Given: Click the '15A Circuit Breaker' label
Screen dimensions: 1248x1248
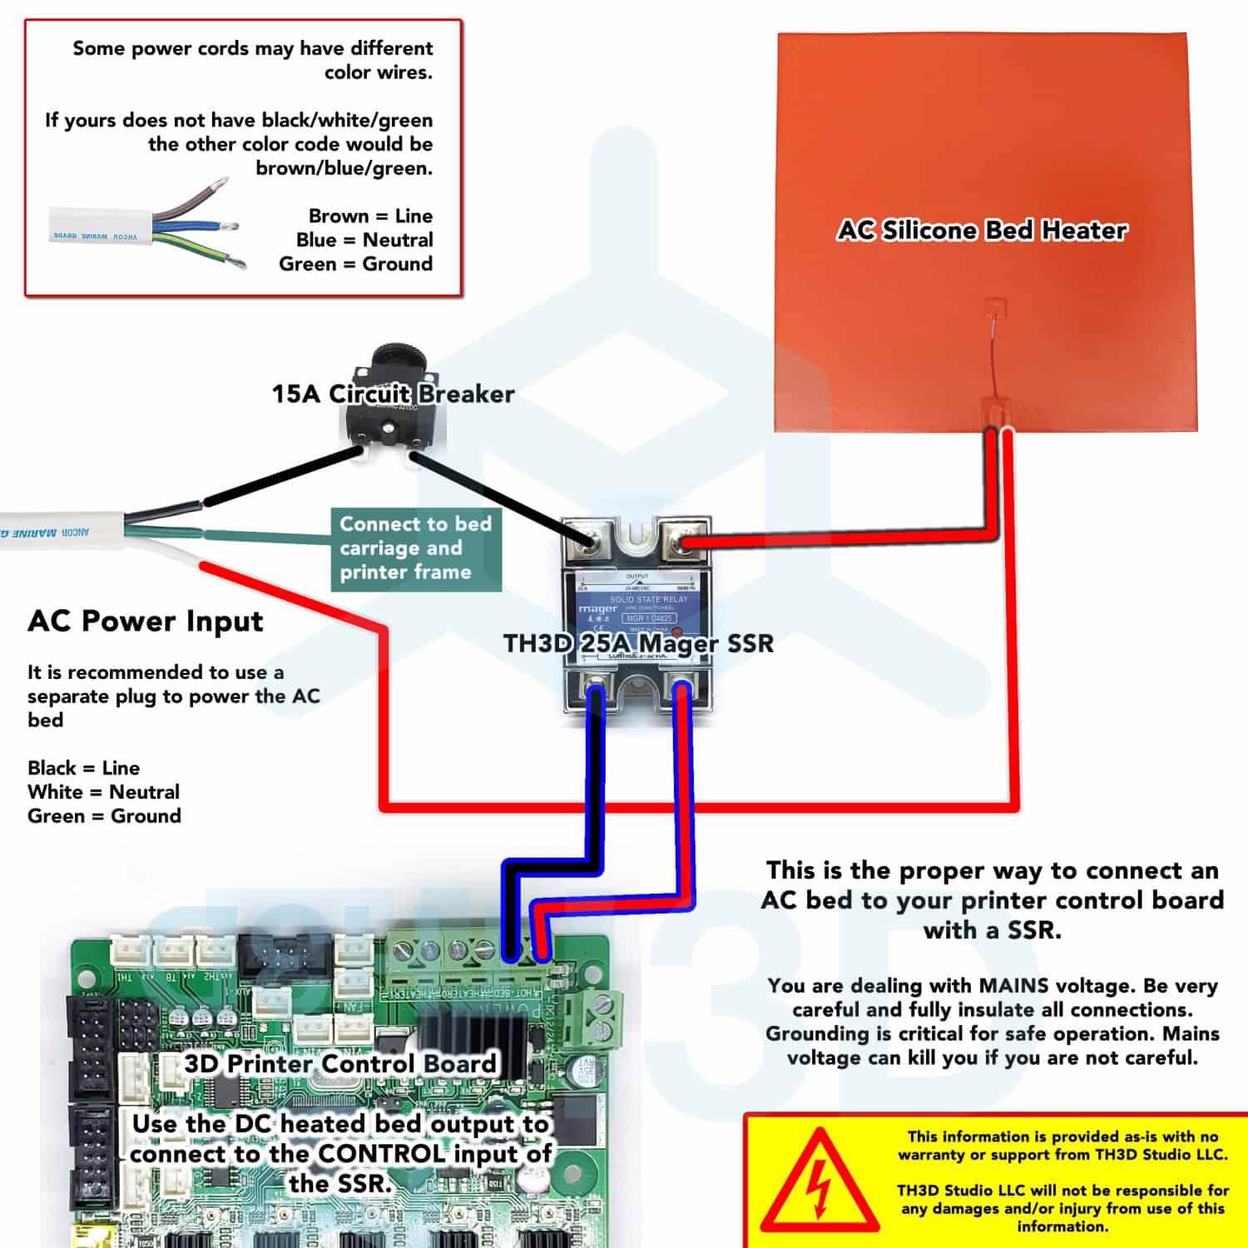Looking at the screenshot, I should pyautogui.click(x=393, y=394).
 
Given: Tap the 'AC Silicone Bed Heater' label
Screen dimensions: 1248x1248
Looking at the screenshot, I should pyautogui.click(x=982, y=230).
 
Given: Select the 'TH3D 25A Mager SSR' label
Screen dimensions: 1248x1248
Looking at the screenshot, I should pyautogui.click(x=638, y=643).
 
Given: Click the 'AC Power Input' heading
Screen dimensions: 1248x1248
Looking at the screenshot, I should pyautogui.click(x=146, y=622).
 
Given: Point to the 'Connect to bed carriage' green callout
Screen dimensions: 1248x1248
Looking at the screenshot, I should pyautogui.click(x=416, y=548).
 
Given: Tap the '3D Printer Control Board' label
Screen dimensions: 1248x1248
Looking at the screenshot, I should pyautogui.click(x=340, y=1063).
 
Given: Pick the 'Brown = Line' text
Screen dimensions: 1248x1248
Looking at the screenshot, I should pyautogui.click(x=370, y=216).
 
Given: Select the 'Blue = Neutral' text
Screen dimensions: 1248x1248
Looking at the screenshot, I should pyautogui.click(x=364, y=240).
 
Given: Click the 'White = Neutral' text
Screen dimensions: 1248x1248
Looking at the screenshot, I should pyautogui.click(x=103, y=792).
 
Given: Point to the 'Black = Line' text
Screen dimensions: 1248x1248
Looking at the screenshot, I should pyautogui.click(x=83, y=768).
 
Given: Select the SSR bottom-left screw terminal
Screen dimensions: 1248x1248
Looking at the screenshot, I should pyautogui.click(x=595, y=688).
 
